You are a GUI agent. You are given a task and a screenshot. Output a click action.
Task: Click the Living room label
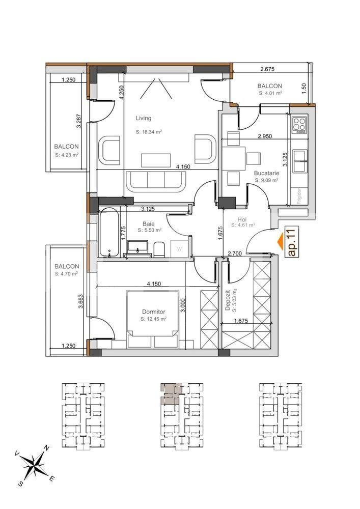pyautogui.click(x=143, y=118)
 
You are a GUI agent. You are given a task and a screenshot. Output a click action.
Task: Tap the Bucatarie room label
pyautogui.click(x=266, y=173)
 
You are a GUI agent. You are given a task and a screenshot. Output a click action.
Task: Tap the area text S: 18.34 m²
pyautogui.click(x=149, y=132)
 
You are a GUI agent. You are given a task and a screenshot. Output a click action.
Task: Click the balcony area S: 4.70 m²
pyautogui.click(x=66, y=274)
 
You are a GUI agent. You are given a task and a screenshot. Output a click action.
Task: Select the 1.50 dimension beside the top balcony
pyautogui.click(x=304, y=87)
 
